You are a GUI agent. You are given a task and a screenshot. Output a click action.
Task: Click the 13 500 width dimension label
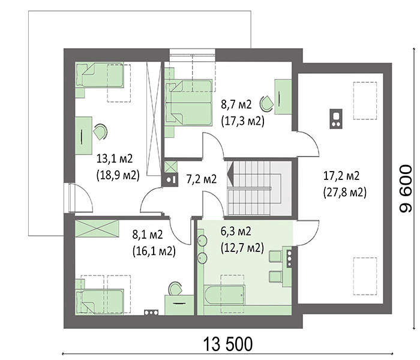(x=228, y=344)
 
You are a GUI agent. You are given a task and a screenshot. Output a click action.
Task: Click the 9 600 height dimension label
(x=405, y=188)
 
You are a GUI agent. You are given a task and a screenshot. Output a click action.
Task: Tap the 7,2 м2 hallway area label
(x=202, y=179)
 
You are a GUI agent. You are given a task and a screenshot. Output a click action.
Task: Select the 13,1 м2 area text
(x=115, y=158)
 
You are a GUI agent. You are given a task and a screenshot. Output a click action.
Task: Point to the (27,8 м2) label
(x=345, y=193)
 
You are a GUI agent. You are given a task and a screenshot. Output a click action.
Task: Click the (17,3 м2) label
(x=242, y=121)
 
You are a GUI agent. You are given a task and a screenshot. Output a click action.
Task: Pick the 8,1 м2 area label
(x=148, y=235)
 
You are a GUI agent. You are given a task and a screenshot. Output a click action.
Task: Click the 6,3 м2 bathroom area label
(x=236, y=231)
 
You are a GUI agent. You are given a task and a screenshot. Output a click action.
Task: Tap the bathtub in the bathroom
(x=224, y=295)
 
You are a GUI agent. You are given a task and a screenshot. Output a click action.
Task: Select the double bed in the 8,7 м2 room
(x=188, y=103)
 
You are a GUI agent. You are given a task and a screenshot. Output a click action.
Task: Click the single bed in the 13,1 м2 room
(x=100, y=75)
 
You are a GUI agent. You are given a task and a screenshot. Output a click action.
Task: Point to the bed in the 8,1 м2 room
(x=100, y=301)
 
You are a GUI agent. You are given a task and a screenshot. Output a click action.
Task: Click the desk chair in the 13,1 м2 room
(x=100, y=131)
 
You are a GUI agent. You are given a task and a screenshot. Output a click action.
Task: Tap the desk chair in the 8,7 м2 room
(x=267, y=103)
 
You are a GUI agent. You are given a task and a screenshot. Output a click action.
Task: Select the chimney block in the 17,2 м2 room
(x=336, y=119)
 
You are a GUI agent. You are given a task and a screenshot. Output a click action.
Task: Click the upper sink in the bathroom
(x=202, y=241)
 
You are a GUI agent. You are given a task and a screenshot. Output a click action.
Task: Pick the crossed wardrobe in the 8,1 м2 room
(x=97, y=229)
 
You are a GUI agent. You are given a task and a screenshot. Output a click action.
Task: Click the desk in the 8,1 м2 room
(x=179, y=305)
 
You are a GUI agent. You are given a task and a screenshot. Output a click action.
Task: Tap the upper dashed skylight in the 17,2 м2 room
(x=365, y=101)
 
